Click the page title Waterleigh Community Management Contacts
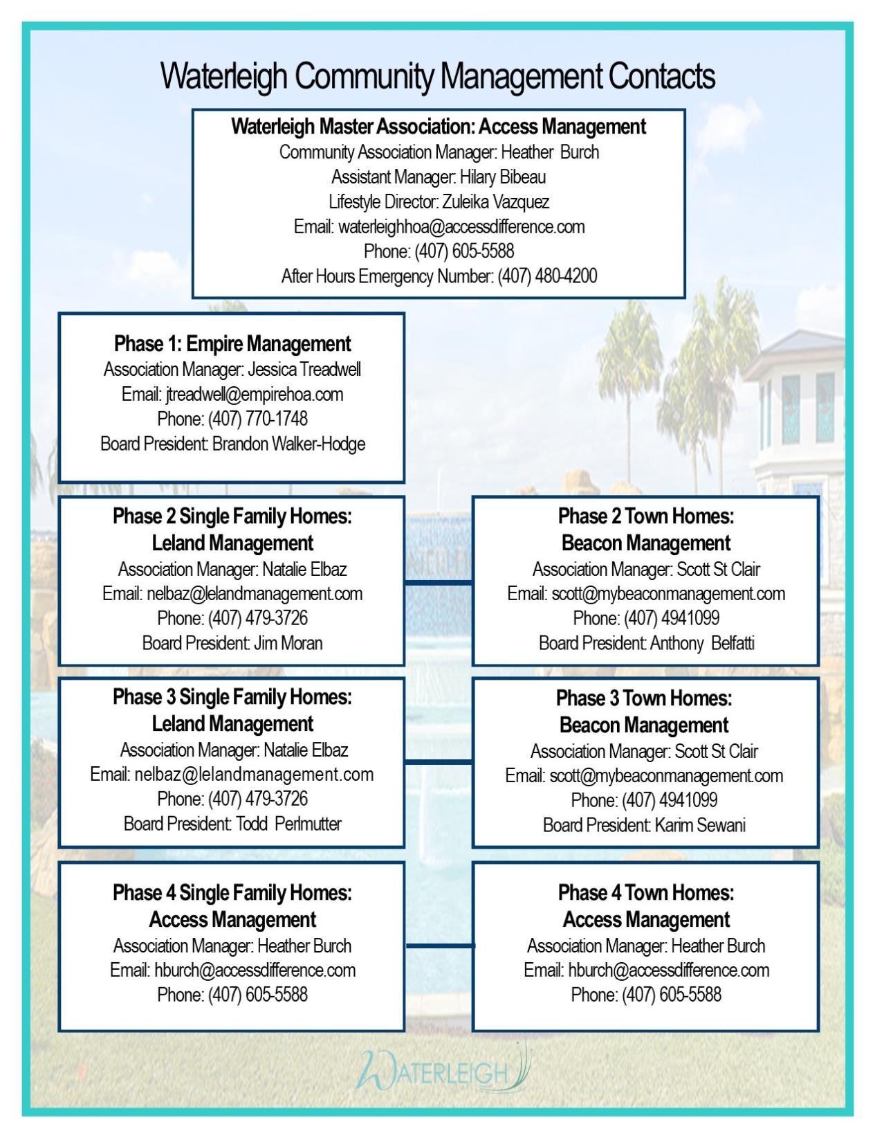click(438, 75)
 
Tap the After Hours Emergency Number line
click(439, 276)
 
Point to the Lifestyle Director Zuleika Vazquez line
click(439, 201)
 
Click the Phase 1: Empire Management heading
click(232, 343)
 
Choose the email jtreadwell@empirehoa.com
click(254, 394)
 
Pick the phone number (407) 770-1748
click(257, 419)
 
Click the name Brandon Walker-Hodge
click(288, 444)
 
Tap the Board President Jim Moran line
click(232, 643)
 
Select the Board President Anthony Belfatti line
click(646, 643)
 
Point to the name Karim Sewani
click(700, 825)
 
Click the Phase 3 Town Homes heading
click(644, 698)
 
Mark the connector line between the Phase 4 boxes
click(439, 946)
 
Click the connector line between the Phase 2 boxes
click(439, 583)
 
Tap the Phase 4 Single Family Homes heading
click(232, 893)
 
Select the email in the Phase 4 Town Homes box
click(668, 970)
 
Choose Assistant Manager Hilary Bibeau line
click(439, 177)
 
